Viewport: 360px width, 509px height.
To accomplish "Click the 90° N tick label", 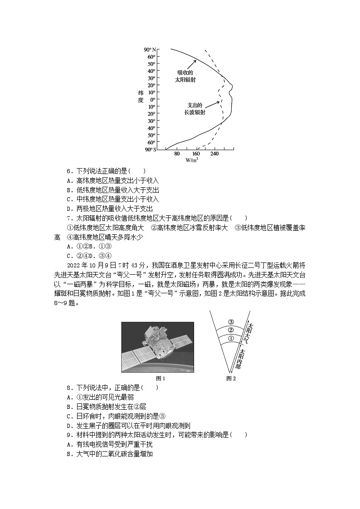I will (x=150, y=49).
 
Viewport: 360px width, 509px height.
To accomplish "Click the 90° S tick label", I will (x=150, y=150).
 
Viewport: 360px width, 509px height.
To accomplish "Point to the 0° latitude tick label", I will (x=153, y=99).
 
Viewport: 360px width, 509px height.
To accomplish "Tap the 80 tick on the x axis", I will (x=177, y=154).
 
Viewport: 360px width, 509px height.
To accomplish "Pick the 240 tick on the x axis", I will (x=215, y=154).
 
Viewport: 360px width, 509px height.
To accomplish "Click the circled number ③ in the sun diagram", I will (x=231, y=321).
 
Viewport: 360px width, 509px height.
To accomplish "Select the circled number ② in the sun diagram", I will (x=231, y=330).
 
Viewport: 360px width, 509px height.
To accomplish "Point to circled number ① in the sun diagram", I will (x=231, y=338).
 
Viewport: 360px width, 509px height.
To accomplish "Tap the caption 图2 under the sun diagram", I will (x=231, y=378).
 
